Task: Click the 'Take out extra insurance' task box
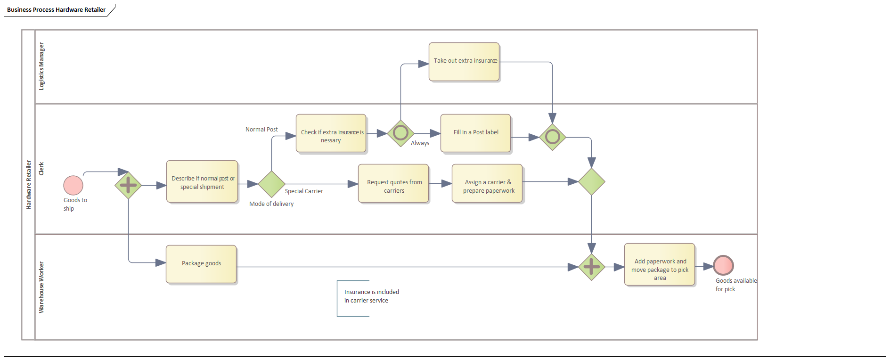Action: [x=464, y=62]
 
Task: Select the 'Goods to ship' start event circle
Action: [x=73, y=185]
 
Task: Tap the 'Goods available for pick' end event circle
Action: [x=723, y=265]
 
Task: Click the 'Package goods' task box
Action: [x=201, y=264]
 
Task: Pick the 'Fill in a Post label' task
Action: [x=475, y=133]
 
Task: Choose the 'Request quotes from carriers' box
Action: [x=393, y=184]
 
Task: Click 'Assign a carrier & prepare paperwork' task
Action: [x=487, y=184]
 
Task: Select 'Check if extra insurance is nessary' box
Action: [x=331, y=133]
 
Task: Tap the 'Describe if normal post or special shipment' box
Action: [x=202, y=182]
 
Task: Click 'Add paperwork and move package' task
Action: [x=660, y=265]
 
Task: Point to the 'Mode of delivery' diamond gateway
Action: [x=271, y=184]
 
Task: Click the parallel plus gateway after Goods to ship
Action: [x=128, y=185]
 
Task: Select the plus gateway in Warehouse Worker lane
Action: [x=591, y=267]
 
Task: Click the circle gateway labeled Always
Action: [x=400, y=133]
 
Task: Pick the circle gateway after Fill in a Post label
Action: [x=552, y=137]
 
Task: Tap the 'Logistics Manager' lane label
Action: [x=41, y=66]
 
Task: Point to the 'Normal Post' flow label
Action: [x=261, y=130]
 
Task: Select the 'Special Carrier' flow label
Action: [x=304, y=191]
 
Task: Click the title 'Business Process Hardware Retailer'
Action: [x=56, y=10]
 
